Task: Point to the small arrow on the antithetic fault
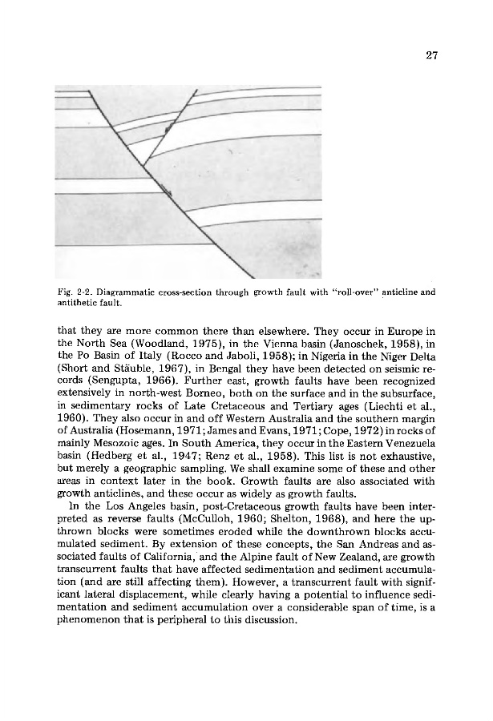click(x=168, y=128)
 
